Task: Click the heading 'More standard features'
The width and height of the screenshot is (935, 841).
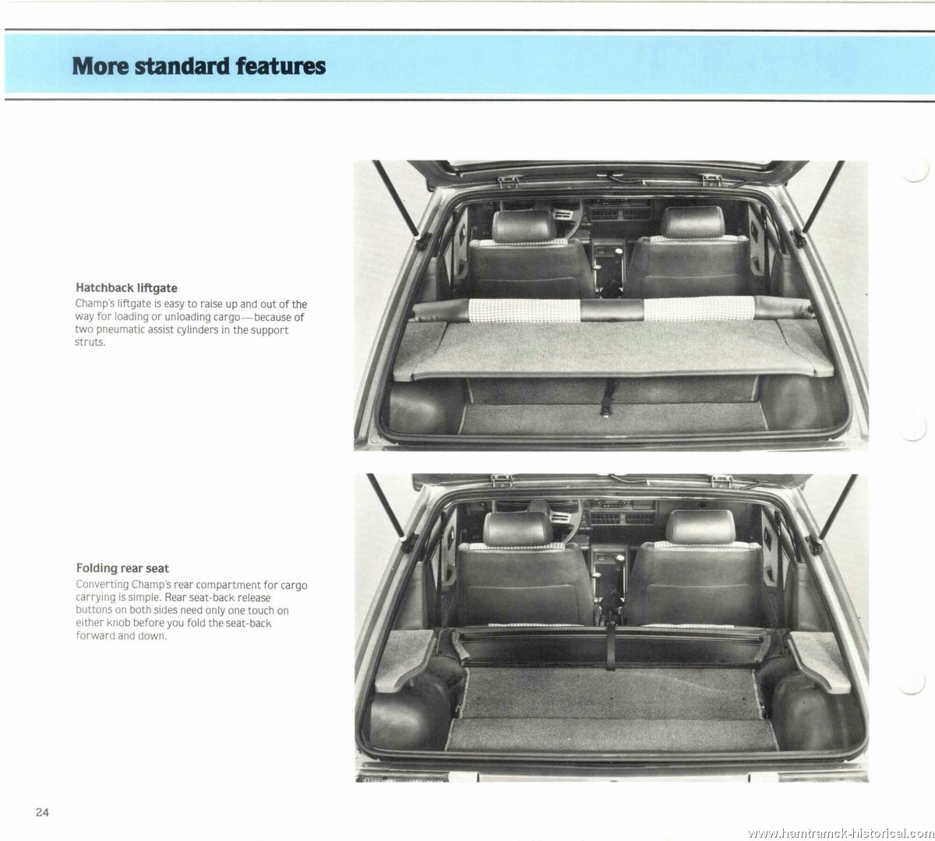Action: click(x=199, y=65)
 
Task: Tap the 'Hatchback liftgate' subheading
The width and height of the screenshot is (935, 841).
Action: click(x=126, y=288)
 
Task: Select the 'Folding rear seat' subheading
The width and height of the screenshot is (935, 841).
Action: click(x=122, y=568)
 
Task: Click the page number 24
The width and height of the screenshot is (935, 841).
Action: click(x=42, y=812)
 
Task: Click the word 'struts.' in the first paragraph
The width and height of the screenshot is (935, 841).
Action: click(x=90, y=342)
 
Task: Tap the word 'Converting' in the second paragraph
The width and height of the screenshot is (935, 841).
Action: click(x=102, y=585)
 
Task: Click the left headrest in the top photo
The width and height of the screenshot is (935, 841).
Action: click(x=524, y=226)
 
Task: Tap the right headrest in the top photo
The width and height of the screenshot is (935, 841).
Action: click(x=693, y=222)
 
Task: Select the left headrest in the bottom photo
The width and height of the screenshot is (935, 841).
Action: click(x=518, y=528)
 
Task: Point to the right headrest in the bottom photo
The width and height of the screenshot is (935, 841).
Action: click(x=700, y=526)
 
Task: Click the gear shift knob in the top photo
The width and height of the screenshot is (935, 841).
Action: click(x=619, y=252)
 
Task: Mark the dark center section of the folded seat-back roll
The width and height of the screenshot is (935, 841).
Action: click(x=612, y=309)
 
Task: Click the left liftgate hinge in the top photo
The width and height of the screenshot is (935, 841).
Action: click(x=509, y=181)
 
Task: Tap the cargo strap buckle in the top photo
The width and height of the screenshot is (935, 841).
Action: click(x=606, y=410)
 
